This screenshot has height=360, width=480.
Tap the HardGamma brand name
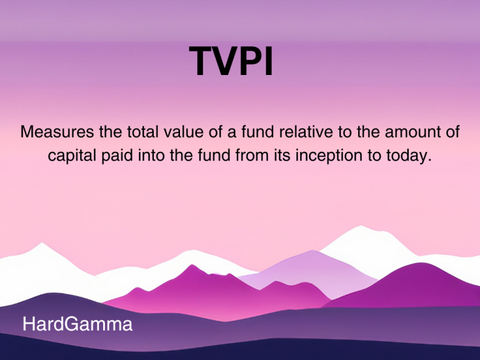[x=77, y=325]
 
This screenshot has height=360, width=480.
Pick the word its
[x=279, y=156]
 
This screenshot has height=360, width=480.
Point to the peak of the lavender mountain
[x=311, y=251]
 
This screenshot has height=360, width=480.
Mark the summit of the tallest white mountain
[x=361, y=227]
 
